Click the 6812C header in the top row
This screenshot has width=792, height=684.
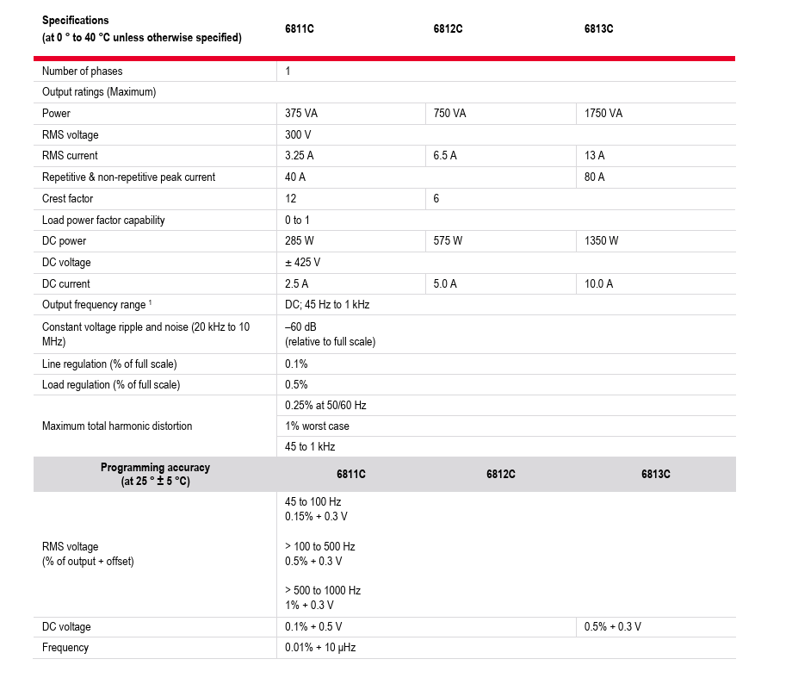pos(448,28)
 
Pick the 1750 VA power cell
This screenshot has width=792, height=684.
pos(603,114)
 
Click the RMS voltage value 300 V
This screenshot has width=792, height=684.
pos(298,135)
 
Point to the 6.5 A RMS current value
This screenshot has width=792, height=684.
pos(444,156)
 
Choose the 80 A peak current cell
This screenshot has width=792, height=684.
pos(594,177)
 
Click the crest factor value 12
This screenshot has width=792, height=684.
pos(290,199)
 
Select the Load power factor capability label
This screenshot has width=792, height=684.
pos(103,221)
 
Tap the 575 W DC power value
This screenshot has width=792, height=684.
pos(448,241)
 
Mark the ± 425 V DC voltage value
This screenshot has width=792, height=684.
pos(304,263)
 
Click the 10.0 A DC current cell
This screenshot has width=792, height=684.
pos(598,284)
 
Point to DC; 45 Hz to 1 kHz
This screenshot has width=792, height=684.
pos(327,305)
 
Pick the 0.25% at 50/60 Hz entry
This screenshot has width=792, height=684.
pos(325,405)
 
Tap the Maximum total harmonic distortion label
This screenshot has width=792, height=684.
pos(117,426)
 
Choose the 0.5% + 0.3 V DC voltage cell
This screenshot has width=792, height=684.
pos(612,627)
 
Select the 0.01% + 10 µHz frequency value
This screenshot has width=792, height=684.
pos(319,648)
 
